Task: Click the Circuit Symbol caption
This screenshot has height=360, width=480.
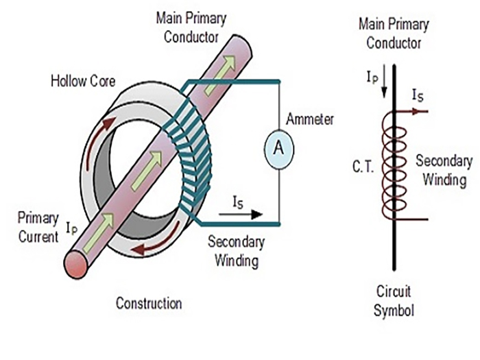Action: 394,300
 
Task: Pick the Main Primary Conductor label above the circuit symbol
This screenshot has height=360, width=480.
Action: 394,34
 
